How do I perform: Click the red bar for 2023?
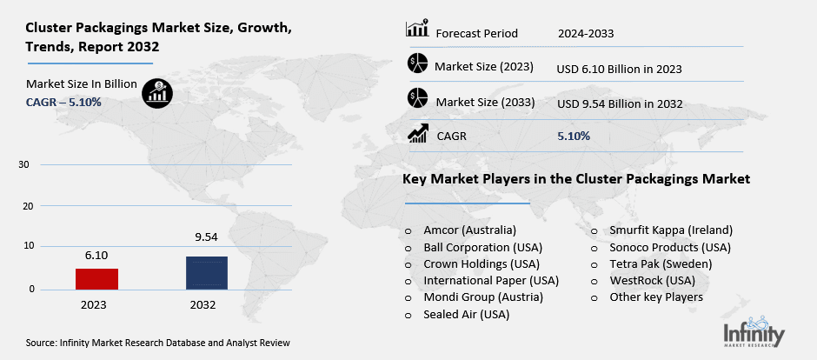(96, 279)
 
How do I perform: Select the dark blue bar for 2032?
(207, 273)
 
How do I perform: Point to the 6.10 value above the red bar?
(96, 257)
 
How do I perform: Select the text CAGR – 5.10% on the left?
(63, 102)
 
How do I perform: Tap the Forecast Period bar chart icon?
(416, 30)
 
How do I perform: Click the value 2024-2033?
(586, 34)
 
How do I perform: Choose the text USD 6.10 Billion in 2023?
(619, 69)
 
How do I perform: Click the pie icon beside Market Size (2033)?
(417, 98)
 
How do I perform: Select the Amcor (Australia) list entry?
(469, 230)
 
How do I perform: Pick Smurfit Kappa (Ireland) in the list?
(670, 230)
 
